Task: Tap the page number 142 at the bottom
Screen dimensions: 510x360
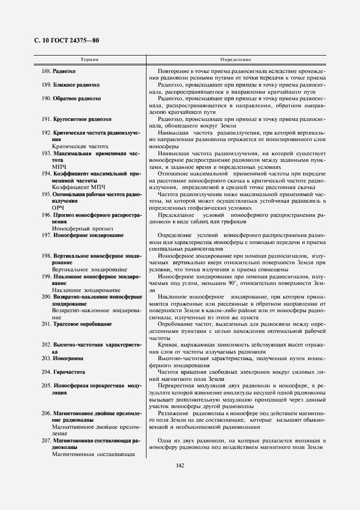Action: (180, 465)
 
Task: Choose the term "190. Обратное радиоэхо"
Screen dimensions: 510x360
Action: (71, 99)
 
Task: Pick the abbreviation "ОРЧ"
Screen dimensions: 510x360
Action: (58, 208)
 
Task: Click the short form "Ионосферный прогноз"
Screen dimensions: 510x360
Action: (83, 228)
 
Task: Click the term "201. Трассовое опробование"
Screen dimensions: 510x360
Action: (75, 324)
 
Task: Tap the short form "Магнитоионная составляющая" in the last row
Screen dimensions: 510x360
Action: (94, 453)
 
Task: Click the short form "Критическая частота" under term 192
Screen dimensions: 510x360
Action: (80, 147)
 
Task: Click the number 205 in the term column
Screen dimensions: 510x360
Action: (46, 385)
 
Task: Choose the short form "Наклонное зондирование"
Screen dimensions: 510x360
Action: (86, 290)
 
